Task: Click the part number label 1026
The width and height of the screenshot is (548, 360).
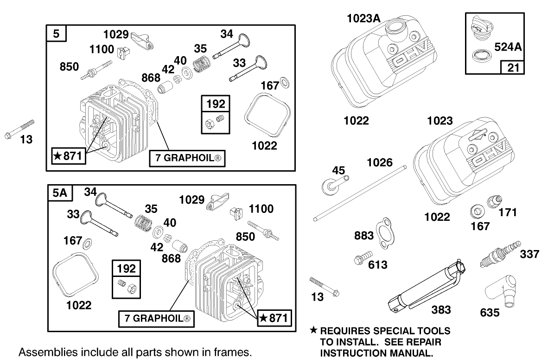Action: coord(380,163)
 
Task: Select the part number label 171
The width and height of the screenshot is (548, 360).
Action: coord(506,213)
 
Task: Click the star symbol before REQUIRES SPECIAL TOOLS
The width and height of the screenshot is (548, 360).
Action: coord(313,331)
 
